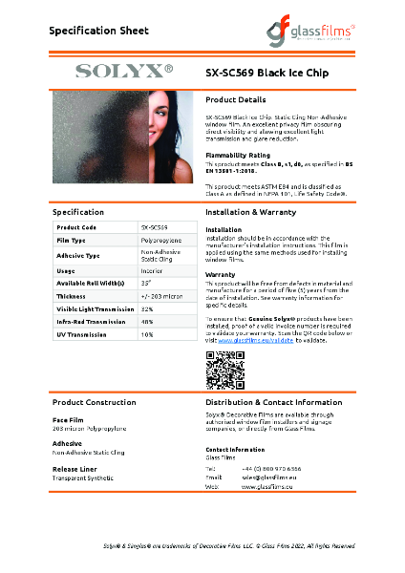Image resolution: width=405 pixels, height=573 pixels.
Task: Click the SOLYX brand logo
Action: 123,70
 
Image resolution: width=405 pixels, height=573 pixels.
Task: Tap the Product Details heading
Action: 235,99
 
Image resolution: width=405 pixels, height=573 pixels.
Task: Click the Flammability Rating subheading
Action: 238,153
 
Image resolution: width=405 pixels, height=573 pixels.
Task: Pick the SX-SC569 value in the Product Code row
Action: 155,227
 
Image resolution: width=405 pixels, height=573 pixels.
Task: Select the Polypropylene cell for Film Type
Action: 161,242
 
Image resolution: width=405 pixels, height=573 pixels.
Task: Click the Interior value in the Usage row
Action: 152,271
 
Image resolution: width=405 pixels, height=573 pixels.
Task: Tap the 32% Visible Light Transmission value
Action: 147,308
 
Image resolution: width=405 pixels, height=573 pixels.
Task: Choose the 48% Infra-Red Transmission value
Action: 147,322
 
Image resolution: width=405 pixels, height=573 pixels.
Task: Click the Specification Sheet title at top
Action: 99,31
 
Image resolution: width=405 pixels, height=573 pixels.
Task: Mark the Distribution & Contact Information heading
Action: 274,402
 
